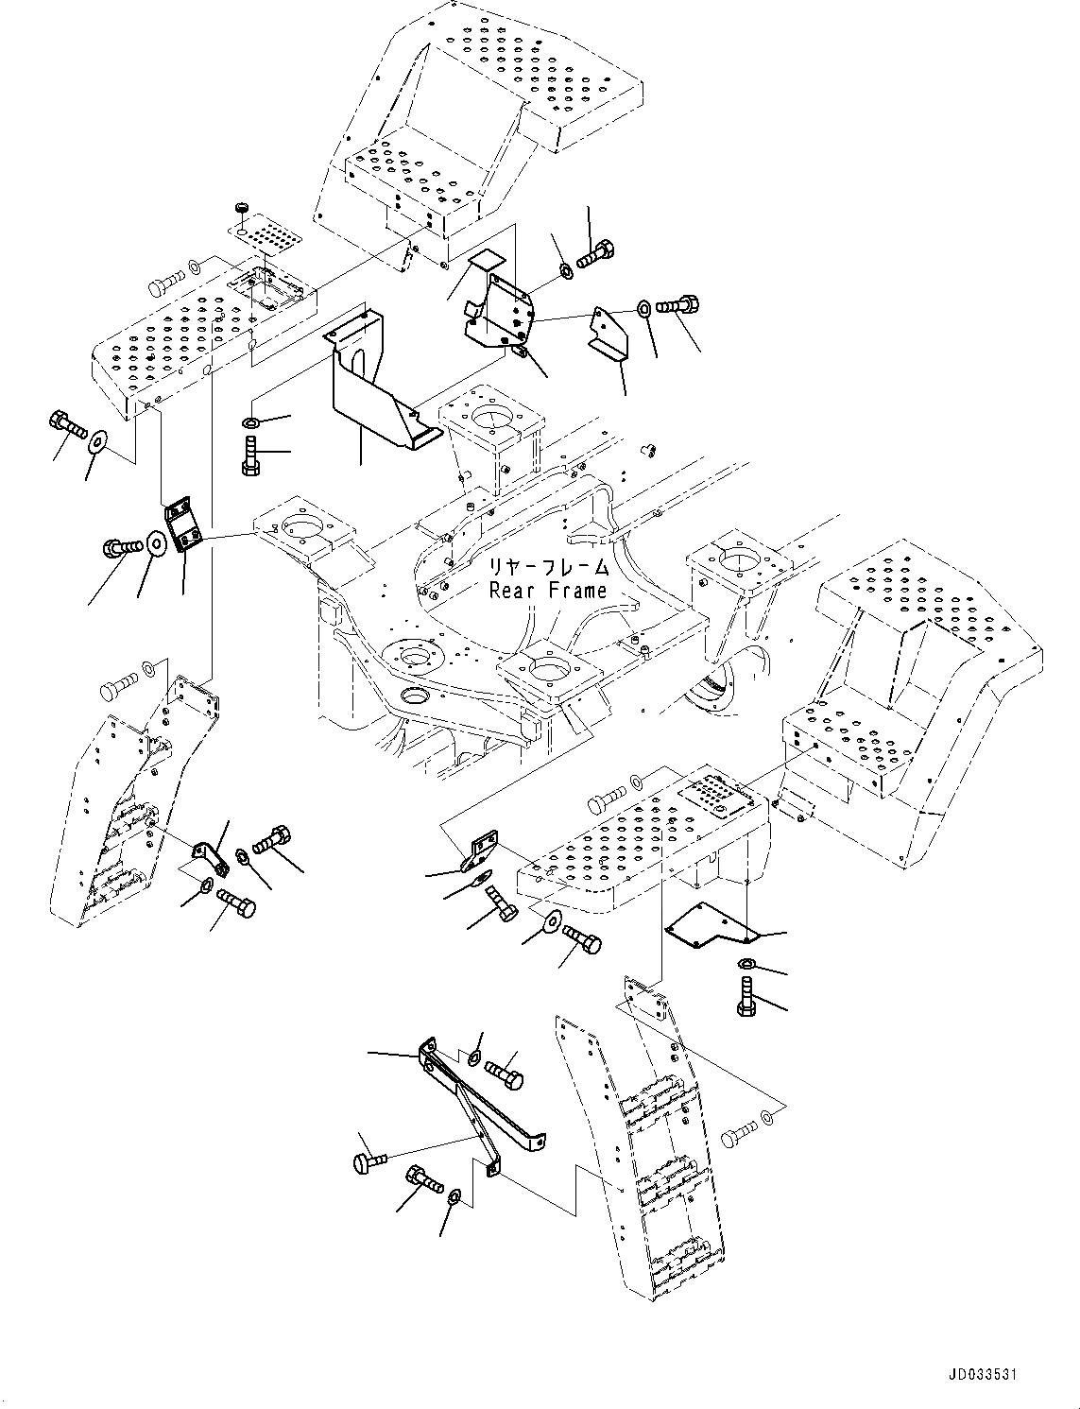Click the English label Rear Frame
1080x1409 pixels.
pyautogui.click(x=548, y=591)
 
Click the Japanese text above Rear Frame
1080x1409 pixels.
pyautogui.click(x=548, y=569)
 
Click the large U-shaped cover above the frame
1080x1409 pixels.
pyautogui.click(x=373, y=383)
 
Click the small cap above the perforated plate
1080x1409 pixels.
pyautogui.click(x=241, y=206)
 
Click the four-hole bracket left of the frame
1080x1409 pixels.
pyautogui.click(x=182, y=526)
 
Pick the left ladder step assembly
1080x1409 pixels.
pyautogui.click(x=123, y=803)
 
